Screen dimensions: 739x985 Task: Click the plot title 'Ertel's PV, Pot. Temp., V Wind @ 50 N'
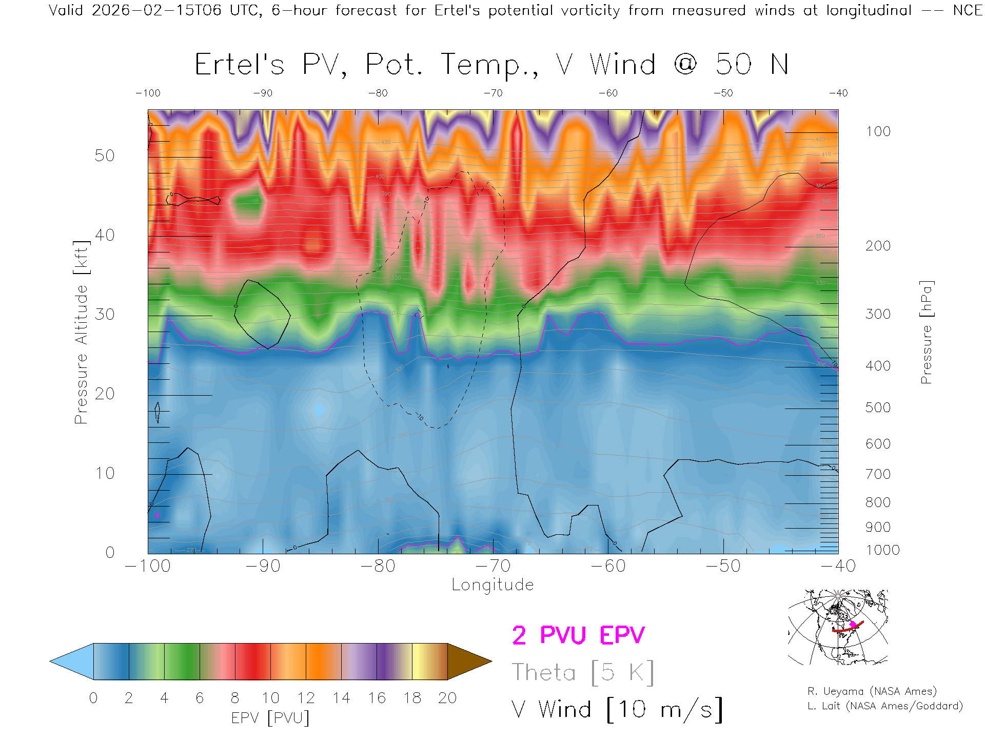(491, 65)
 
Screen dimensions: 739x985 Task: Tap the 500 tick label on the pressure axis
(878, 407)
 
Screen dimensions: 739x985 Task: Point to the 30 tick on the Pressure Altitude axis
(105, 314)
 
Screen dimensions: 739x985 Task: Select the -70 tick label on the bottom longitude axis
(494, 566)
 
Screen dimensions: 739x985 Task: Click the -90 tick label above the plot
(263, 93)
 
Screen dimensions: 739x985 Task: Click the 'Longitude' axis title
(493, 585)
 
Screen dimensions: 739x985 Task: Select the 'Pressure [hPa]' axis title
(926, 332)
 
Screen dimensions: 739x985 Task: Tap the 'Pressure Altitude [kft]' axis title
(81, 332)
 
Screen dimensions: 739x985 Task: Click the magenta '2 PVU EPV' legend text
(578, 635)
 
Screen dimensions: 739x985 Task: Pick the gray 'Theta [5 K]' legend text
(582, 672)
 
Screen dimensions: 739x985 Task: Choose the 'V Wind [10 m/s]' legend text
(617, 710)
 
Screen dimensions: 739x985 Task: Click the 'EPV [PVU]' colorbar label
(270, 718)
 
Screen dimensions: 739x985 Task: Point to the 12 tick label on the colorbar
(306, 698)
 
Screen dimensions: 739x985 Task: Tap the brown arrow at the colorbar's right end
(468, 662)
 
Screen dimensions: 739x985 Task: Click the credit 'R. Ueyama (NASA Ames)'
(872, 691)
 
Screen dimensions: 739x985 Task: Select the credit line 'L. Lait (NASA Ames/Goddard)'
(884, 706)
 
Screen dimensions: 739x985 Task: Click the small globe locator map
(838, 627)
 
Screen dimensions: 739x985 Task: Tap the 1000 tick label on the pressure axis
(882, 550)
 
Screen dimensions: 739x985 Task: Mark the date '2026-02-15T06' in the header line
(156, 10)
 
